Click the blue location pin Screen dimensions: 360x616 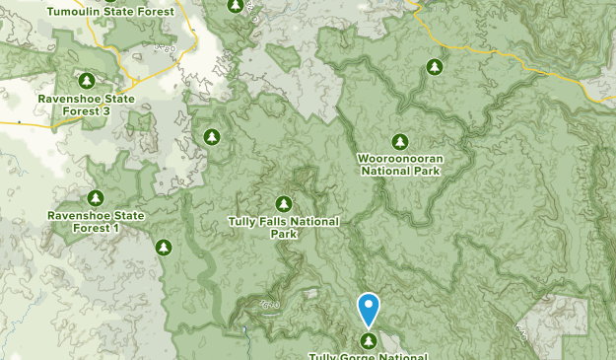(x=369, y=307)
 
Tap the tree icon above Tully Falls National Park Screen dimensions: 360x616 (x=284, y=204)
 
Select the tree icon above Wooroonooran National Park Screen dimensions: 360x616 (x=399, y=141)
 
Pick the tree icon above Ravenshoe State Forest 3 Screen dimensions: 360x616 (x=86, y=81)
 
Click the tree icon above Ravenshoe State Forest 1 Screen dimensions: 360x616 (x=96, y=198)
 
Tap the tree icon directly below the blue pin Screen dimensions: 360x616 (x=369, y=341)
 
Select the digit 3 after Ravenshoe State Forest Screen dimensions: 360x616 (x=105, y=111)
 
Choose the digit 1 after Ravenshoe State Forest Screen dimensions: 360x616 (x=115, y=228)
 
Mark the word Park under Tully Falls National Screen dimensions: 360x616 (x=284, y=235)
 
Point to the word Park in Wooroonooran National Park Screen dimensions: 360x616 (x=427, y=170)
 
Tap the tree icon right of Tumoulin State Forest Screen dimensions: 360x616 (x=235, y=6)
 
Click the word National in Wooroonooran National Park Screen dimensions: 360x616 (x=385, y=170)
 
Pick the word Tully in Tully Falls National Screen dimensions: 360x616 (x=245, y=222)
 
